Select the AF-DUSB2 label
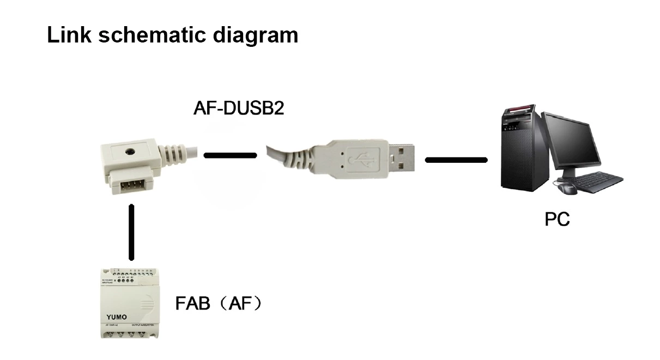coord(238,108)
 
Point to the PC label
coord(557,219)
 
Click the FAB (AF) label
coord(218,303)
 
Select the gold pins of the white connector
coord(128,186)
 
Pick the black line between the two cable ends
coord(230,156)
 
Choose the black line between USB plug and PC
coord(456,160)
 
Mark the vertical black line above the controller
coord(131,232)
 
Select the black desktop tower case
coord(520,152)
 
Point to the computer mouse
coord(567,188)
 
